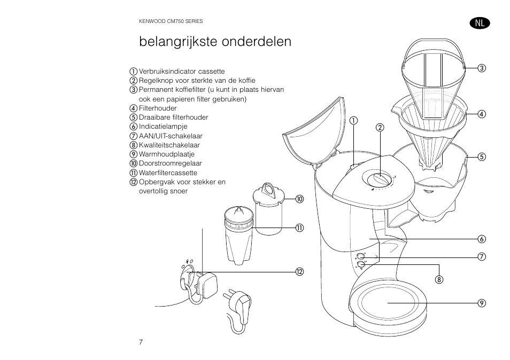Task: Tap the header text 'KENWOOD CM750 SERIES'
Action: point(171,21)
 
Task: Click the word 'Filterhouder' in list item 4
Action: point(158,108)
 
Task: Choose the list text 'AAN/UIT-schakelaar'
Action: point(171,136)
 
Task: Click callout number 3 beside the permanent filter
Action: point(481,68)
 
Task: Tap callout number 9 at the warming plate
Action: point(481,303)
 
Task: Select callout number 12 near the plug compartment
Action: point(299,272)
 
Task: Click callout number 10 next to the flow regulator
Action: point(299,199)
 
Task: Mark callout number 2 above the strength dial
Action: point(380,127)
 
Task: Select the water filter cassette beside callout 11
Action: point(237,234)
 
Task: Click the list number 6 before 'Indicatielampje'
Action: point(134,127)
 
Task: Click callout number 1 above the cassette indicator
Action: point(353,120)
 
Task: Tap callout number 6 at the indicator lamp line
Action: point(481,238)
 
